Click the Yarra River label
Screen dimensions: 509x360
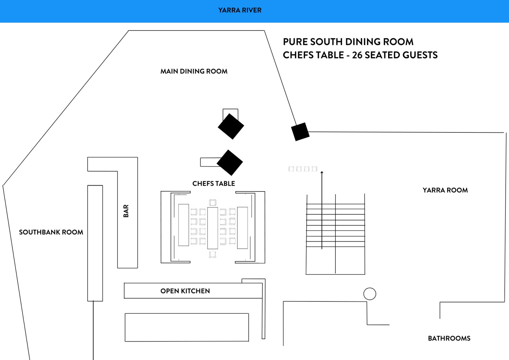click(x=240, y=10)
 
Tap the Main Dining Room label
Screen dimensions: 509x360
click(x=194, y=72)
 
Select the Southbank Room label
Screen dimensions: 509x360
click(x=51, y=232)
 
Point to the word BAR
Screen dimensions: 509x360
click(x=126, y=211)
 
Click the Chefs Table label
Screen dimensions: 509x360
click(x=214, y=183)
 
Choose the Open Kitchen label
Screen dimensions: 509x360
click(x=185, y=291)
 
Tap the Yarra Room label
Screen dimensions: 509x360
click(x=445, y=190)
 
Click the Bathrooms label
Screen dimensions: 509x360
click(x=449, y=338)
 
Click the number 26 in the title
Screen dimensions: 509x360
click(x=357, y=55)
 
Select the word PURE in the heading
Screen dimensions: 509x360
click(x=295, y=42)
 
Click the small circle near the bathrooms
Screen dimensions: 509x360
click(x=370, y=294)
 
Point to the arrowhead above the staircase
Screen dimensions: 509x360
click(x=322, y=173)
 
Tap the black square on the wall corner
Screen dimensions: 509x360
click(x=300, y=132)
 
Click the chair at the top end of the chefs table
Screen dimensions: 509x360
click(x=213, y=202)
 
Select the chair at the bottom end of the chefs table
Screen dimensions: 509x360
click(x=212, y=255)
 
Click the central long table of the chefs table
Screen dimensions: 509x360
click(x=212, y=228)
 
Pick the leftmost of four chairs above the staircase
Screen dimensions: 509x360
click(x=291, y=168)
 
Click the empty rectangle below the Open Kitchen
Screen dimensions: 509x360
click(x=187, y=327)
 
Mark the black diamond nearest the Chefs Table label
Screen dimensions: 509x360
click(x=230, y=162)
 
